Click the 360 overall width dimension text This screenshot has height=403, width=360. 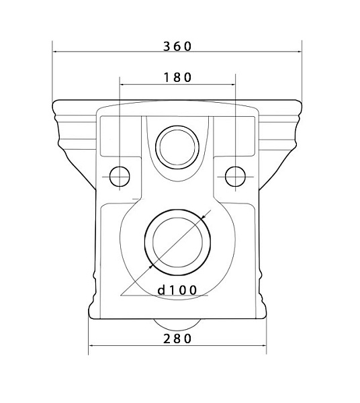(x=177, y=46)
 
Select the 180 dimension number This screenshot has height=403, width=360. (x=178, y=77)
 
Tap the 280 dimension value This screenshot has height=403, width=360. (x=177, y=339)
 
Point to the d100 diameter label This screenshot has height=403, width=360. (x=177, y=290)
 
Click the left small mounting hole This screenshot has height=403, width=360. (x=120, y=175)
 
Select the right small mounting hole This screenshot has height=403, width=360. (x=235, y=175)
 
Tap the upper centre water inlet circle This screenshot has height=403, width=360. (x=177, y=144)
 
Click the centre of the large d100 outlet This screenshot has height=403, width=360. (x=177, y=242)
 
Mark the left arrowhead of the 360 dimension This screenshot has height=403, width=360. (x=55, y=52)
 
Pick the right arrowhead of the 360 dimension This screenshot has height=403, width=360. (x=300, y=52)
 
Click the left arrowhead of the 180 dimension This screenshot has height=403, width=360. (x=122, y=84)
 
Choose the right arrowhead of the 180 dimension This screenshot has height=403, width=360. (x=234, y=84)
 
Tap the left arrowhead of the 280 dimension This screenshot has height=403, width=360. (x=91, y=347)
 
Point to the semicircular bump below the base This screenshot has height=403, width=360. (x=177, y=323)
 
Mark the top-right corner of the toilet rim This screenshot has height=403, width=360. (x=300, y=103)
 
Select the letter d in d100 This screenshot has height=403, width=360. (x=162, y=290)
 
